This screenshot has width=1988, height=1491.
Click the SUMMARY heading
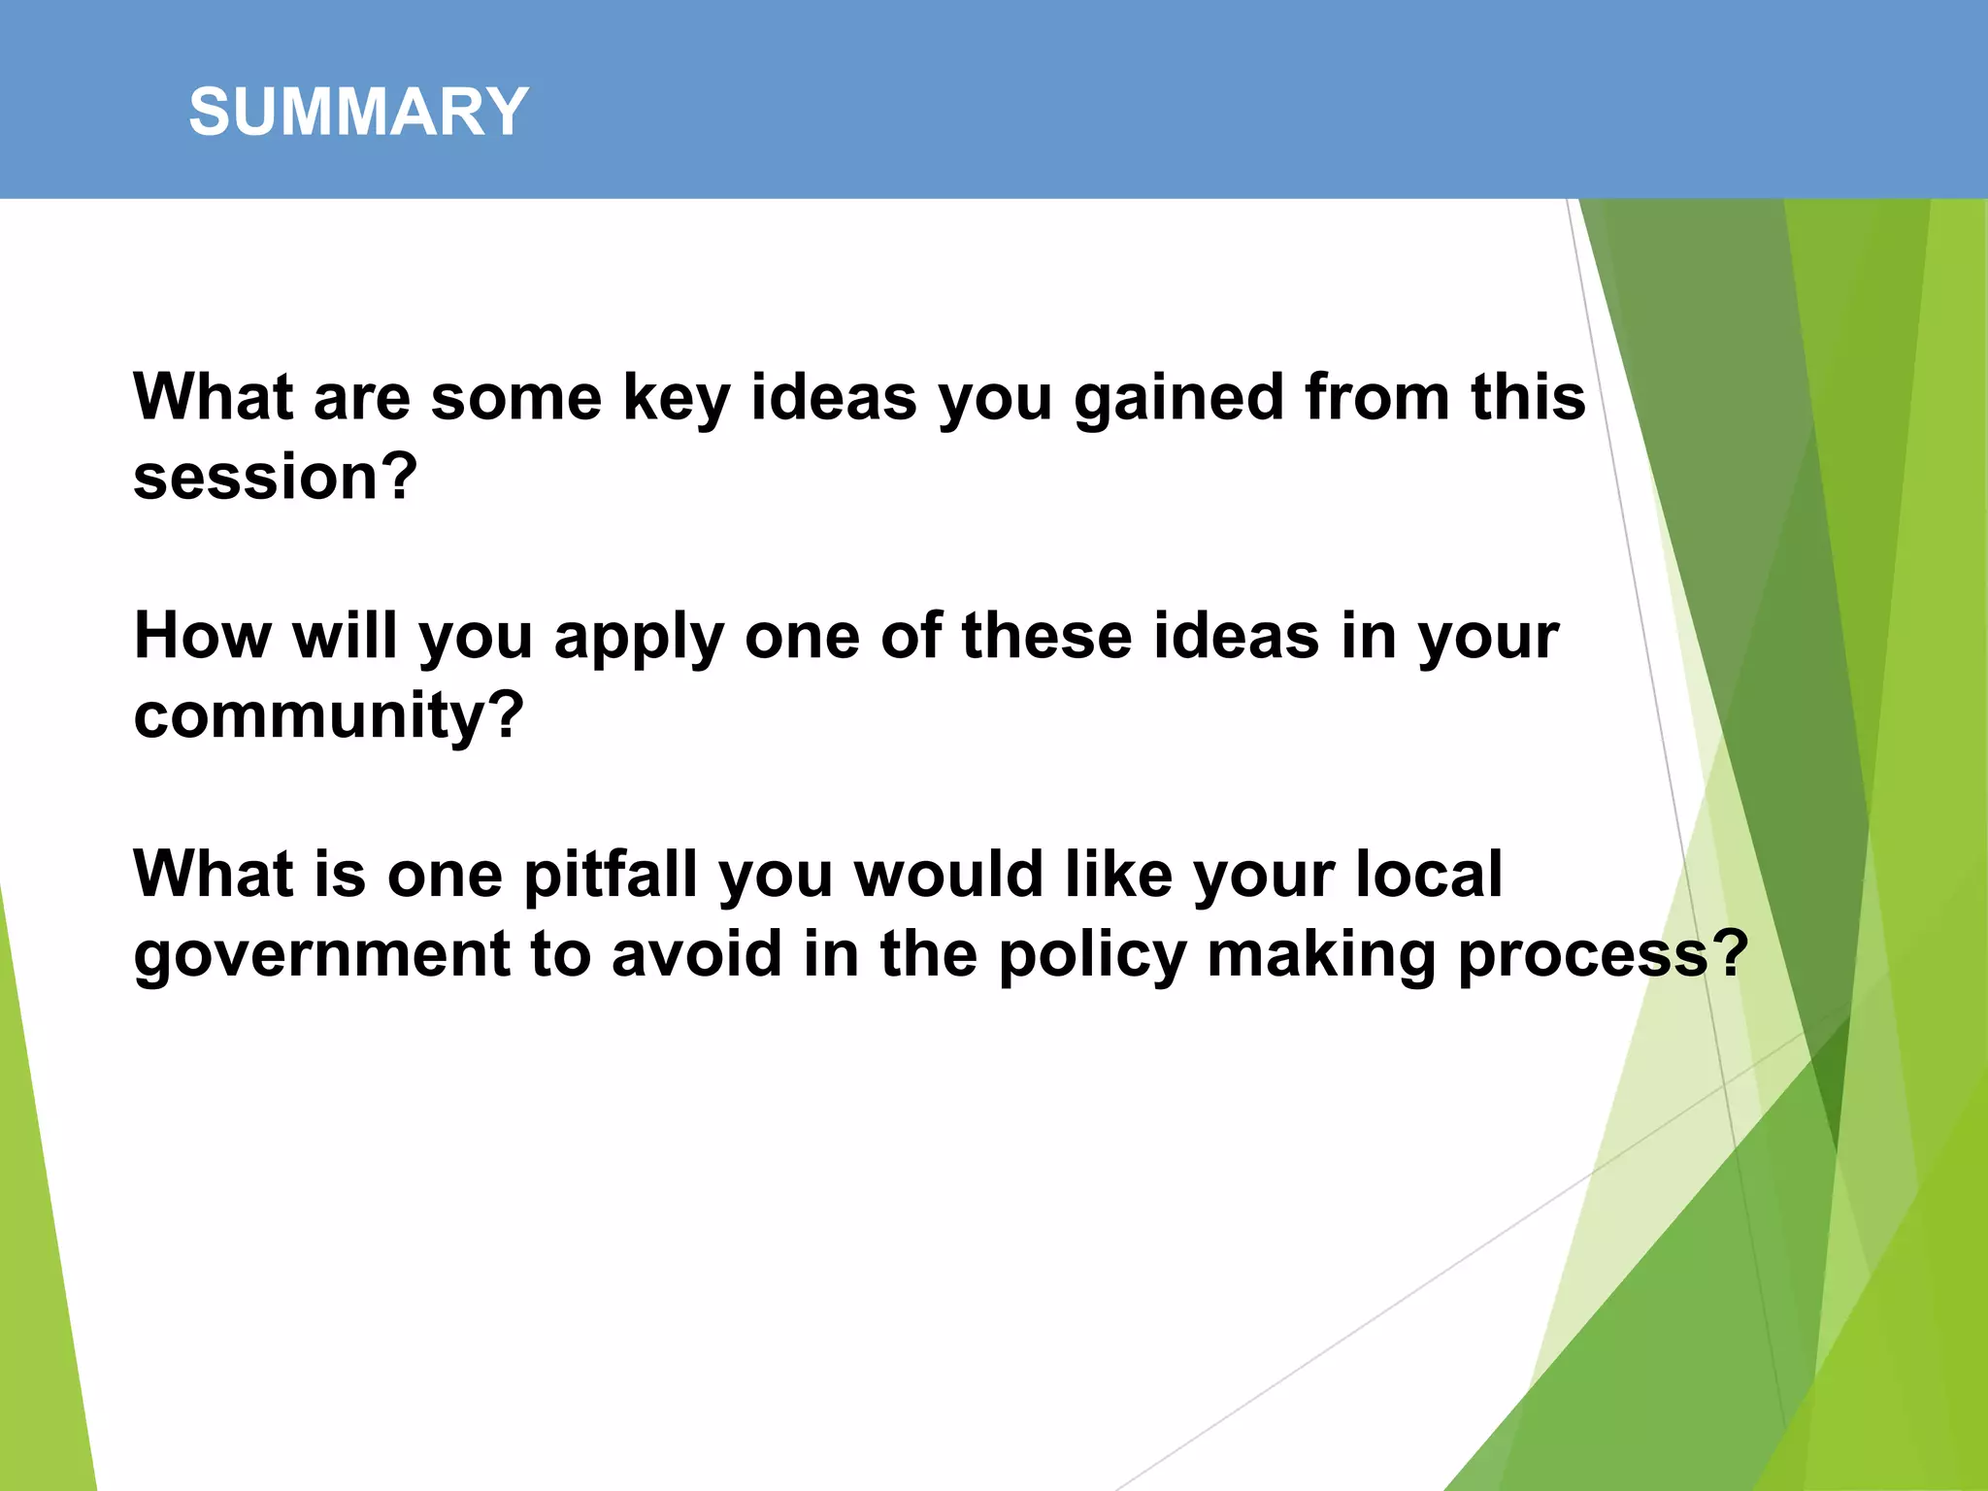click(358, 112)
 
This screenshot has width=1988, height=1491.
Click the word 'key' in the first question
click(676, 399)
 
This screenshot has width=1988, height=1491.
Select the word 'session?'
click(276, 478)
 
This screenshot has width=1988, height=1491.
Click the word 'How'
click(203, 637)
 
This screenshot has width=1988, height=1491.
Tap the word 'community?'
click(328, 717)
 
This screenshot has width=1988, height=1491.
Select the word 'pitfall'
click(611, 876)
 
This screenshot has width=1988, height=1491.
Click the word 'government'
click(321, 956)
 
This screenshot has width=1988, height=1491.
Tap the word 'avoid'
click(696, 954)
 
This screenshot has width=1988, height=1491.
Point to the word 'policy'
click(1092, 956)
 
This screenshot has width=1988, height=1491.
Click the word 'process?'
click(1603, 956)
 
